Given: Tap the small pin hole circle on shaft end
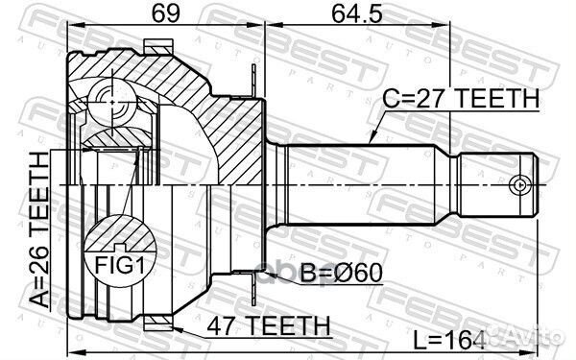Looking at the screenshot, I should tap(519, 183).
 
